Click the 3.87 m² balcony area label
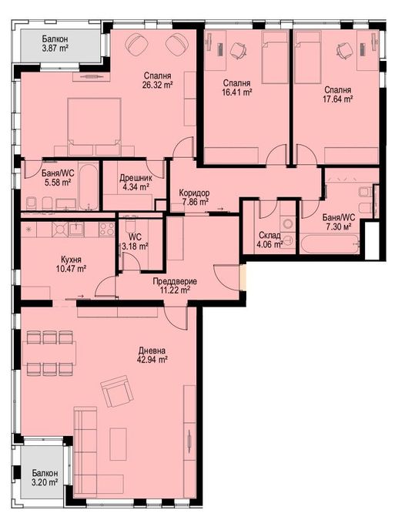tap(55, 48)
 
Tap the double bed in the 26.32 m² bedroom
tap(94, 126)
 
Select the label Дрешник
tap(136, 178)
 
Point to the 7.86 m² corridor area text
tap(193, 201)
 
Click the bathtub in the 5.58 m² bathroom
tap(89, 186)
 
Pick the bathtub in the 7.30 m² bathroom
tap(330, 243)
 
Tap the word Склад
tap(270, 236)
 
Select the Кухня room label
tap(72, 260)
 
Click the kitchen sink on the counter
tap(76, 229)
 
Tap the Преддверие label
tap(175, 281)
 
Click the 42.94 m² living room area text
tap(152, 359)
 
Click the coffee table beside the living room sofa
tap(119, 444)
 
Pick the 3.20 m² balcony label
tap(45, 482)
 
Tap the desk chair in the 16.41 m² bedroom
tap(238, 50)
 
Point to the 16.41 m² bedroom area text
tap(236, 92)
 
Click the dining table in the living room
tap(49, 353)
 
